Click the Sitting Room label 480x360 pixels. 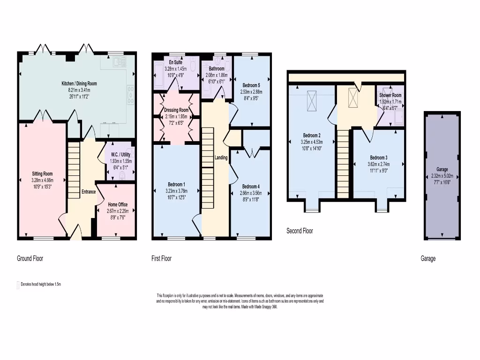[x=41, y=174]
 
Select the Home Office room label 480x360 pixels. [x=118, y=205]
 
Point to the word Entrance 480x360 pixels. [x=89, y=192]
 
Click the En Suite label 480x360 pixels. [x=176, y=62]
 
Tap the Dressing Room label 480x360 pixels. [x=177, y=110]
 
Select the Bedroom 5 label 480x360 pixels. [x=251, y=85]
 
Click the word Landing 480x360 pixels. [x=221, y=158]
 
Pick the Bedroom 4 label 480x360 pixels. [x=250, y=187]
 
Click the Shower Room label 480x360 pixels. [x=390, y=95]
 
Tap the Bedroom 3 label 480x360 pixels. [x=378, y=157]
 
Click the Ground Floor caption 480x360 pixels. [x=30, y=258]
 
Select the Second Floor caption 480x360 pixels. [x=300, y=231]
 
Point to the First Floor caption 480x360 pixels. [x=161, y=258]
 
